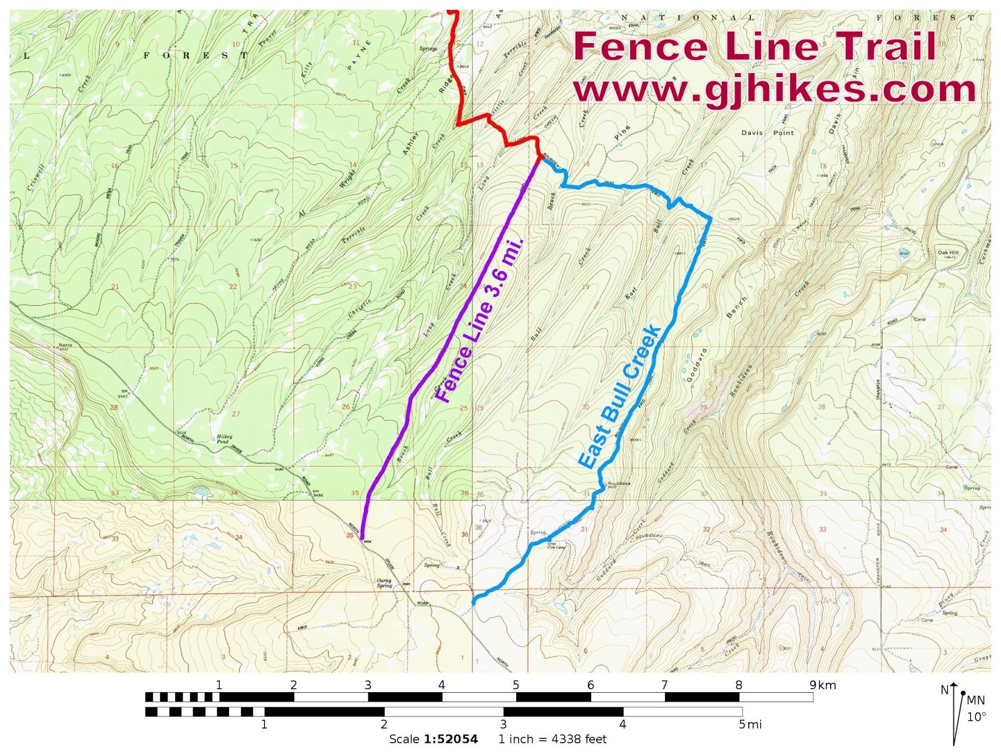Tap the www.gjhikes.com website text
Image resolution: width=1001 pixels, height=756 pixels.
coord(775,89)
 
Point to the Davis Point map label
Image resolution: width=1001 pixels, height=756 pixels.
coord(767,133)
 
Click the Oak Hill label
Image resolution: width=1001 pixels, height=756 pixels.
coord(948,253)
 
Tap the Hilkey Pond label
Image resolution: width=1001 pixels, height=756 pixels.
coord(224,439)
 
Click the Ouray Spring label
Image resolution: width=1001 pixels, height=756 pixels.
coord(384,583)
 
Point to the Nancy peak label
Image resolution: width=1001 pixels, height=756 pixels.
coord(65,345)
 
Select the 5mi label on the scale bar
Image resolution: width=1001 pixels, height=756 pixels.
coord(749,725)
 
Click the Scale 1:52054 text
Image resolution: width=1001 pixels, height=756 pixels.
coord(434,739)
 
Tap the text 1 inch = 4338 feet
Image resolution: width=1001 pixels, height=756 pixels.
coord(552,739)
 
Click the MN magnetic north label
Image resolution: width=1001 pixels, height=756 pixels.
coord(976,700)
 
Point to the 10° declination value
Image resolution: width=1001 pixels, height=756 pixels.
coord(976,717)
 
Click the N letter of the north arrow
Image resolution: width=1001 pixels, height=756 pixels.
coord(944,690)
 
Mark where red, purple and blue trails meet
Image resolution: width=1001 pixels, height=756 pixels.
coord(539,159)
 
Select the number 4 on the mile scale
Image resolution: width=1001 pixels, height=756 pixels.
coord(622,725)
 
